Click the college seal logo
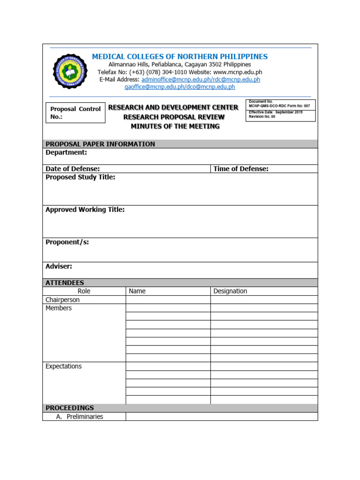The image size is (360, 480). [x=71, y=71]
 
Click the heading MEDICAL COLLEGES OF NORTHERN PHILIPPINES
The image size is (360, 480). [x=180, y=57]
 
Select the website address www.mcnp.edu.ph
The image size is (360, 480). [x=237, y=72]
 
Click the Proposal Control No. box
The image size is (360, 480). [x=75, y=113]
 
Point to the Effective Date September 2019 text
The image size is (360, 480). [x=276, y=112]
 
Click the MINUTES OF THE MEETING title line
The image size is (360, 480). [x=175, y=127]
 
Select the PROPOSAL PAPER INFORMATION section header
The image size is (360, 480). [x=100, y=144]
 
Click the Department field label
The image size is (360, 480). [x=66, y=152]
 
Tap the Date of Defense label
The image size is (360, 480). [x=73, y=169]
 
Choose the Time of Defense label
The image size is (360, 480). [x=241, y=169]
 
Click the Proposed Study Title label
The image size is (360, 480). [x=80, y=177]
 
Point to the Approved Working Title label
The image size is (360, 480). [x=85, y=210]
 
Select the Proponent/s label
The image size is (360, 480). [x=67, y=242]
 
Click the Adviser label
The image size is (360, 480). [x=59, y=266]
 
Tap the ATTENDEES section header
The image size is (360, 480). [x=65, y=283]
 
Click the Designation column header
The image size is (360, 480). [x=230, y=291]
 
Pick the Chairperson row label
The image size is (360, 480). [x=62, y=300]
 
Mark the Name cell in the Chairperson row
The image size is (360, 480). [x=168, y=300]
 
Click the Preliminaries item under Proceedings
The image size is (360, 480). [x=84, y=417]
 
